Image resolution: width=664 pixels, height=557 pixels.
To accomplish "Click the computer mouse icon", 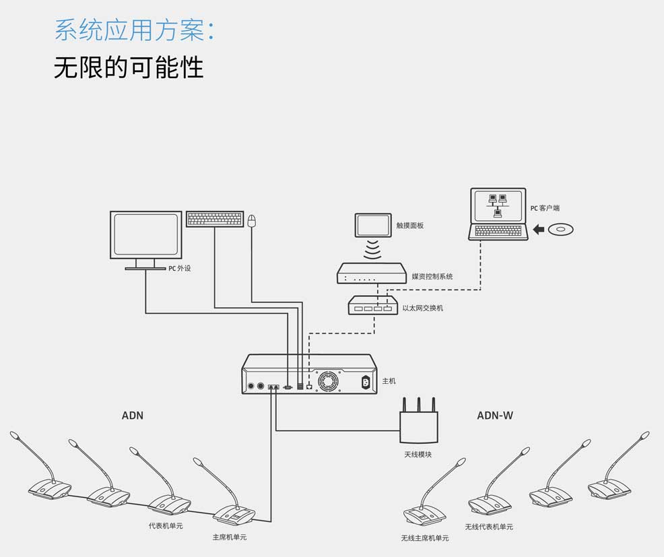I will [252, 220].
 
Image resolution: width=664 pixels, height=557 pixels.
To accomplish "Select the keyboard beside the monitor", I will [214, 219].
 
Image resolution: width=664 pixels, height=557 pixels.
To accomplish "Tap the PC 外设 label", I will [179, 268].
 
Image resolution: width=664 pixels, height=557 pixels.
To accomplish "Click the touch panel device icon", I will [373, 226].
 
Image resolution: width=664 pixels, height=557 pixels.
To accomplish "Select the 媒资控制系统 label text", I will [432, 276].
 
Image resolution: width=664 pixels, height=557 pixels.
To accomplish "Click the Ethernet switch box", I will [372, 306].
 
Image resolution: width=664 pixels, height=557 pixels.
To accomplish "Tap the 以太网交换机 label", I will [422, 308].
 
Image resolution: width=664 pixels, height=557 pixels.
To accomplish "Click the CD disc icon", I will [560, 230].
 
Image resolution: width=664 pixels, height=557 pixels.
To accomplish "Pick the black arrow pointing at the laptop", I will [538, 230].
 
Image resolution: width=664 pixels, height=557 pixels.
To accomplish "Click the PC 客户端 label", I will [545, 208].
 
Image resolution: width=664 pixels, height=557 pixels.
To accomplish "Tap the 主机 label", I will [389, 381].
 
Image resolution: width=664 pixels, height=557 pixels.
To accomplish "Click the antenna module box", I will [418, 426].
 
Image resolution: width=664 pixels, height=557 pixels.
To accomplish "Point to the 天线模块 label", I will [418, 455].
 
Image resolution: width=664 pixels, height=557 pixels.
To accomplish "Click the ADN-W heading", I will [495, 416].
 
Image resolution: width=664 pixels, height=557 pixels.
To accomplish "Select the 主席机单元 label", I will [230, 537].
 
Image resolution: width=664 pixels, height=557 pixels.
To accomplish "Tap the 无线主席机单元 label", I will [424, 538].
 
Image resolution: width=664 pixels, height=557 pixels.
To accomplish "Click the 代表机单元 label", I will [166, 525].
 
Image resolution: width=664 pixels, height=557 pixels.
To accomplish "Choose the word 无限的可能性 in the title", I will [129, 68].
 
